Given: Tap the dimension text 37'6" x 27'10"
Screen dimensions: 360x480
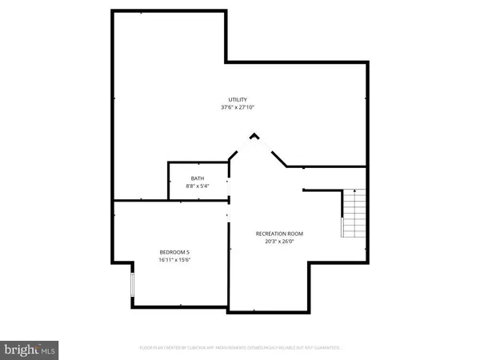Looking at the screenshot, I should [238, 107].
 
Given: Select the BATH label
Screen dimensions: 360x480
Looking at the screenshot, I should [197, 178].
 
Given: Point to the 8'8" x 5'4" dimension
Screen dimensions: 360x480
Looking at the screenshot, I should [197, 186].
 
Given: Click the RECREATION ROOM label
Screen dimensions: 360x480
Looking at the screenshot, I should [279, 234].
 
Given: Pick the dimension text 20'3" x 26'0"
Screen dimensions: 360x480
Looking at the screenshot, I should [279, 242].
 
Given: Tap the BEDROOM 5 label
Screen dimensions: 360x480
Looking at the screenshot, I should [174, 252].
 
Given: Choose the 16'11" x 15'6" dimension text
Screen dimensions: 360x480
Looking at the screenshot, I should [174, 259].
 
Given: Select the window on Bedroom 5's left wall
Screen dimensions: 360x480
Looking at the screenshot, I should [133, 286].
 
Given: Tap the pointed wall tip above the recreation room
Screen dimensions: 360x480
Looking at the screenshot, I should [254, 135].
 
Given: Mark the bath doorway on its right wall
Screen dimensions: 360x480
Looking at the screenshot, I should [229, 186].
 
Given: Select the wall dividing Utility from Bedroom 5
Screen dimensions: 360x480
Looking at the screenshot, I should [140, 200].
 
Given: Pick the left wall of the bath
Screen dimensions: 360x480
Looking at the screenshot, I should [168, 182].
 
